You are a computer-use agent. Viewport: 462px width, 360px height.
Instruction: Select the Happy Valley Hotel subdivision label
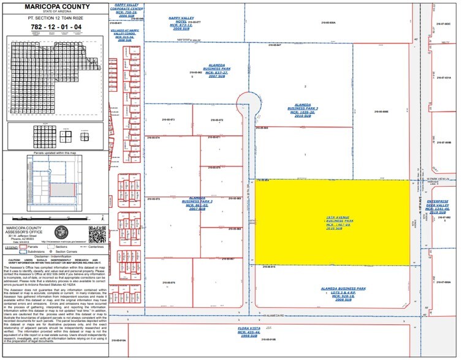click(184, 24)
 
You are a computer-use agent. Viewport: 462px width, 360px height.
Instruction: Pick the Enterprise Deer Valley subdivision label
click(437, 206)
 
